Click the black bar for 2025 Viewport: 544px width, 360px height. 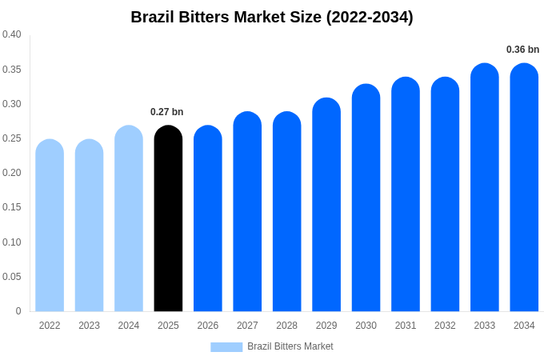(x=168, y=220)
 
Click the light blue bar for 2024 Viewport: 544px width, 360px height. (x=129, y=220)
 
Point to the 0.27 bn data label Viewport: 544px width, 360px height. (x=167, y=112)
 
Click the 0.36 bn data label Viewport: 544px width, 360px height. (x=522, y=50)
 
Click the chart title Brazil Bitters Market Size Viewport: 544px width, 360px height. (x=272, y=17)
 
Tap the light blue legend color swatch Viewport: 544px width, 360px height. (x=226, y=347)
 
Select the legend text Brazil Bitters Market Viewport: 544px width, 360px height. (x=290, y=346)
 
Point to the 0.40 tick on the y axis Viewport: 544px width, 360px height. (x=12, y=34)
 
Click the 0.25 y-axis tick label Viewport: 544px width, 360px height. (x=12, y=138)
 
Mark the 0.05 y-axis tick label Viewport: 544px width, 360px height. (x=12, y=277)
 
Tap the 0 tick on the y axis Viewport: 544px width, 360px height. (x=18, y=311)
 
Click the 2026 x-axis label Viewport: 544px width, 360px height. (x=208, y=326)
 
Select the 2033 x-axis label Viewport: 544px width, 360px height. (x=485, y=326)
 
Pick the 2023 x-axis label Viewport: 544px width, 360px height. (x=89, y=326)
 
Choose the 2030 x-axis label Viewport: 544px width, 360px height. (x=366, y=326)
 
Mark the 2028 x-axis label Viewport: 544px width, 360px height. (x=286, y=326)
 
